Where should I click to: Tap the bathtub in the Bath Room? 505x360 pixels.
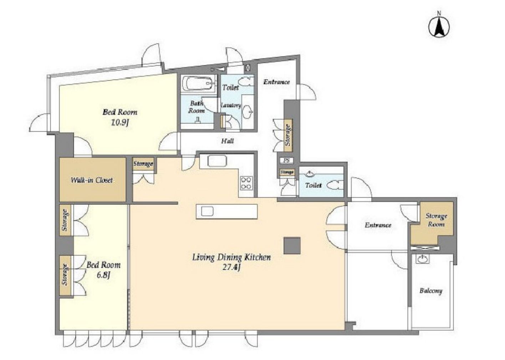coord(198,84)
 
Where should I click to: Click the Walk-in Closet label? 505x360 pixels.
coord(92,180)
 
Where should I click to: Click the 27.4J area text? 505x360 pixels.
coord(231,267)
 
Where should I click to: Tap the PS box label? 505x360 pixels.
coord(286,161)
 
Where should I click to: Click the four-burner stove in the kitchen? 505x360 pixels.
coord(246,183)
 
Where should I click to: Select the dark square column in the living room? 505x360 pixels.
coord(292,245)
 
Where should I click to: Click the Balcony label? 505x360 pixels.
coord(431,291)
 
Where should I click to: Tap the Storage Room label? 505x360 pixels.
coord(436,220)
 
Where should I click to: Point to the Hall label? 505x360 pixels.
coord(227,141)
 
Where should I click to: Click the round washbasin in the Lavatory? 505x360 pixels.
coord(248,111)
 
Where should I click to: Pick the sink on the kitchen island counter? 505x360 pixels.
coord(207,211)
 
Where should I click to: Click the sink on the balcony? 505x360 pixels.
coord(423,259)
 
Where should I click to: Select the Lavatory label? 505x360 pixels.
coord(231,105)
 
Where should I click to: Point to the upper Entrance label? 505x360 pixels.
coord(276,82)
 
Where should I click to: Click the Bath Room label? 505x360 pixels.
coord(197,107)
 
